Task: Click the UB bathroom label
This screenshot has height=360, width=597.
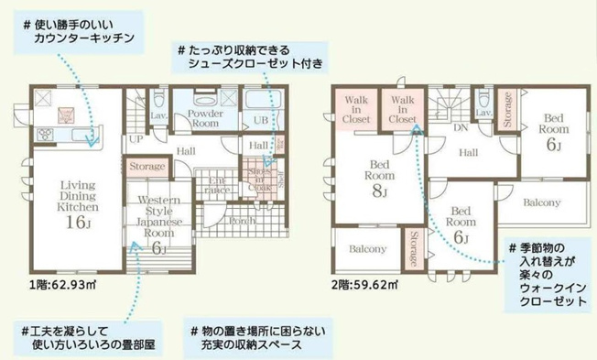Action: (260, 120)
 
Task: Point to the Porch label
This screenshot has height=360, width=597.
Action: (242, 220)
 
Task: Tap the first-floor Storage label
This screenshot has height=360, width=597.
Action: (147, 167)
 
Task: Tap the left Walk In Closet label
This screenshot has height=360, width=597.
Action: (355, 109)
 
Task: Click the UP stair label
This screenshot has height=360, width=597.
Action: (135, 138)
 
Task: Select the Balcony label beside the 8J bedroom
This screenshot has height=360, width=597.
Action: (367, 248)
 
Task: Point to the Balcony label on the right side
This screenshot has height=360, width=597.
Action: (541, 201)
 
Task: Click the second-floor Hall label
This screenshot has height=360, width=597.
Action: (469, 153)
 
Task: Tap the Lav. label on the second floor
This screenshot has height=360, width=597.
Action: (483, 113)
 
